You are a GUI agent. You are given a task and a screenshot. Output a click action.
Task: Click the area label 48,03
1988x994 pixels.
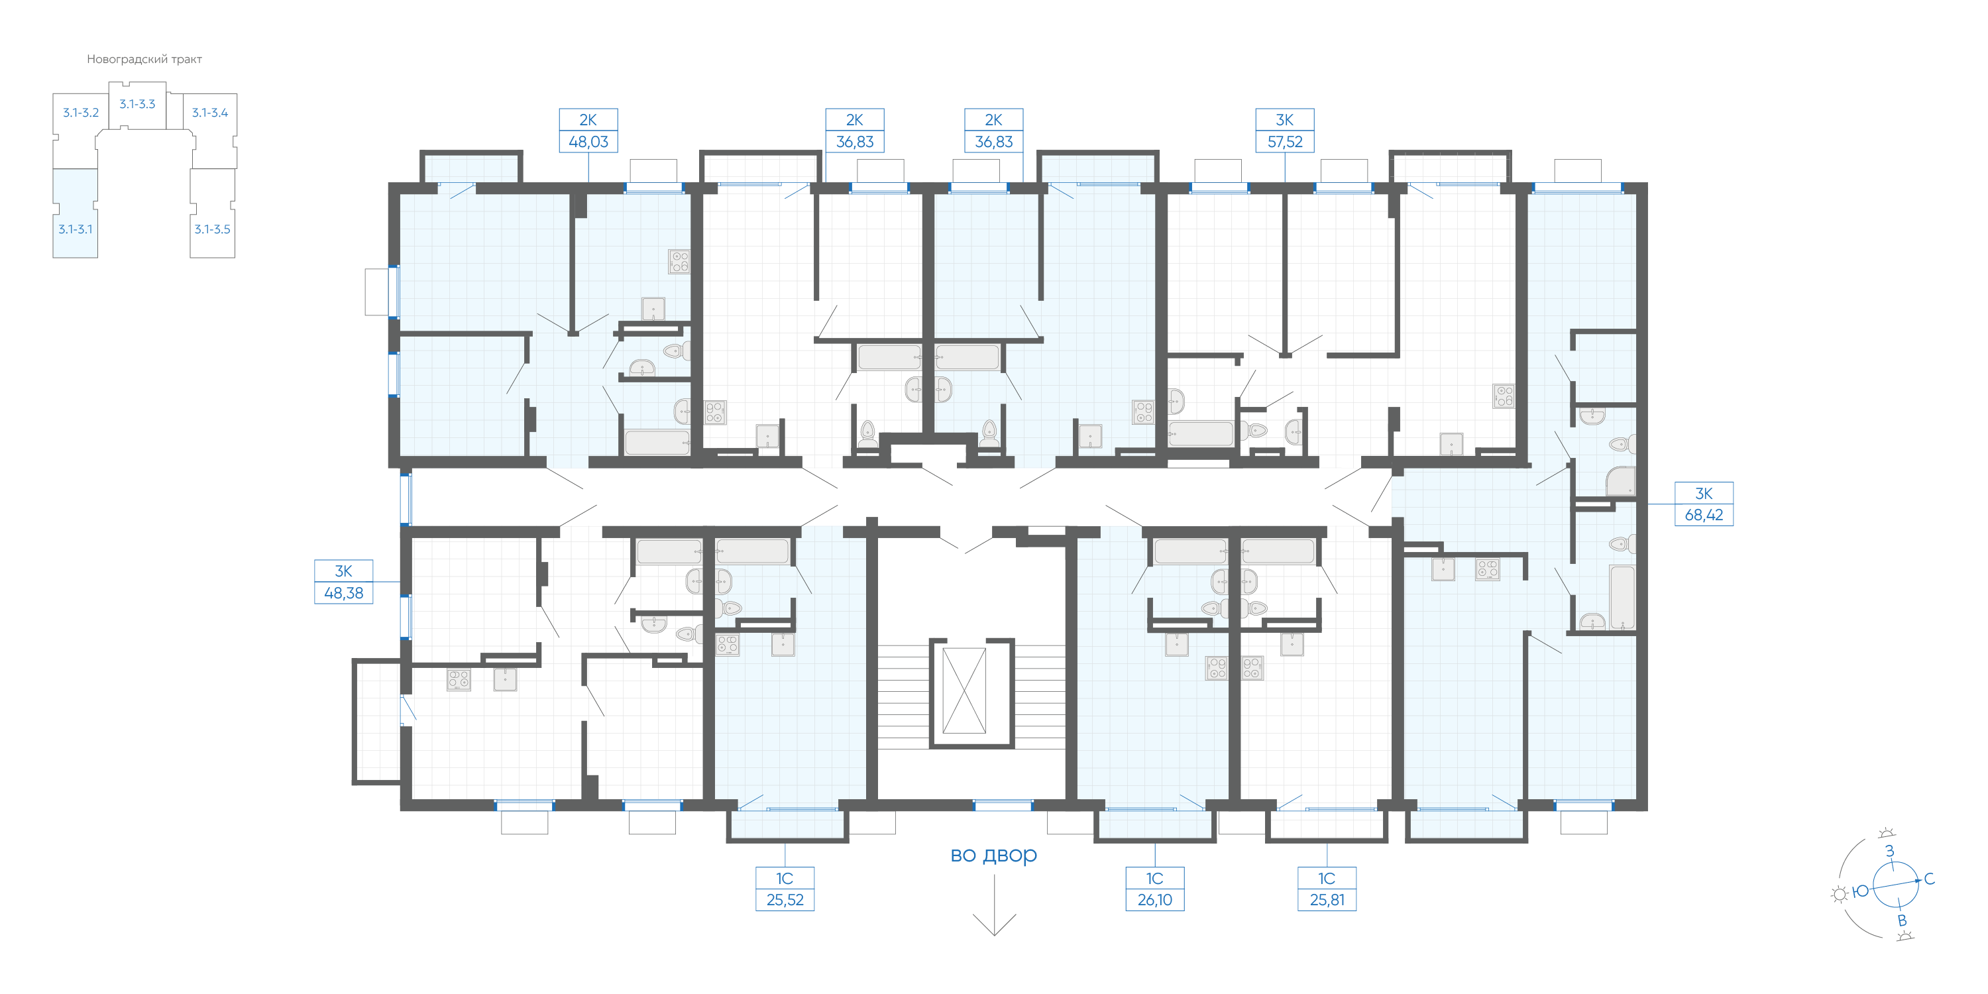pos(588,142)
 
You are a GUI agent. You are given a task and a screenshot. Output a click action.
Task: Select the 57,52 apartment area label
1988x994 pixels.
pos(1284,142)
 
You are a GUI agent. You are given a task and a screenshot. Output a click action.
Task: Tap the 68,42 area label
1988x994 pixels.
pos(1703,515)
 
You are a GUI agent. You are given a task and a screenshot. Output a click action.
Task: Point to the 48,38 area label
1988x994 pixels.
pos(343,592)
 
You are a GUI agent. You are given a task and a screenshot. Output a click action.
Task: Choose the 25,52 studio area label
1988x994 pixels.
pos(785,900)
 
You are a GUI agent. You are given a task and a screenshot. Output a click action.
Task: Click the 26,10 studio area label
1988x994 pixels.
pos(1154,900)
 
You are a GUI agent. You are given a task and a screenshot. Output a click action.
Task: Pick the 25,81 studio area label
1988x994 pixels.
pos(1327,900)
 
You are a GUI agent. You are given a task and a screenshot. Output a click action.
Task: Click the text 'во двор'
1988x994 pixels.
pos(993,854)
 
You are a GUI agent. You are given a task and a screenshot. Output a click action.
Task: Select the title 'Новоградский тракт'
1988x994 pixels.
pos(144,60)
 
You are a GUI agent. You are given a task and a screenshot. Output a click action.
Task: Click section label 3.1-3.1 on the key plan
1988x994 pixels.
pos(75,229)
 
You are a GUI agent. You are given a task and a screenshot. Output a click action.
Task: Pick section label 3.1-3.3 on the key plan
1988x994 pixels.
pos(137,104)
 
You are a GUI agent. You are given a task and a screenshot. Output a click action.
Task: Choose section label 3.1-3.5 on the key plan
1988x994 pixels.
pos(212,229)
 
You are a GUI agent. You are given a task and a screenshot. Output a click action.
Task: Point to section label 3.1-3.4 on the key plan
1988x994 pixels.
pos(210,113)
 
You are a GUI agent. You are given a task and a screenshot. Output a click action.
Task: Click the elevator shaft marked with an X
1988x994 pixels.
pos(965,690)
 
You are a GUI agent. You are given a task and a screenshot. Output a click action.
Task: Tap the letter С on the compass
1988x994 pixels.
pos(1928,879)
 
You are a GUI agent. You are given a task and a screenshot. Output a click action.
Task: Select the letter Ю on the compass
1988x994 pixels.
pos(1861,891)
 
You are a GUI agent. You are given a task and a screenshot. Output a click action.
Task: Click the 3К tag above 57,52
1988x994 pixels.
pos(1284,120)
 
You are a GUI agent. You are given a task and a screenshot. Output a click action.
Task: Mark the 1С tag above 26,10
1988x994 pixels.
pos(1154,878)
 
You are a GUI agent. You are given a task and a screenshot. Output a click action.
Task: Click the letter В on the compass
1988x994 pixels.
pos(1902,920)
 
